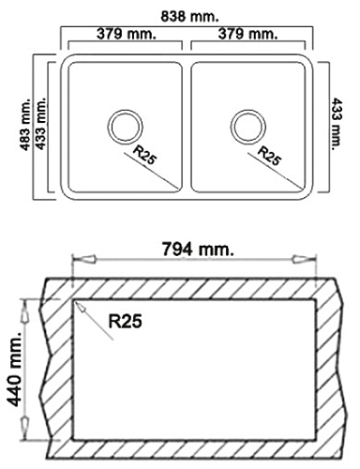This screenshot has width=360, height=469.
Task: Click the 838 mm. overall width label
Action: [189, 17]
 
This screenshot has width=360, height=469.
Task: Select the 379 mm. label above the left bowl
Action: [127, 34]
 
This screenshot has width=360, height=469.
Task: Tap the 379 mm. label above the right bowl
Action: [247, 34]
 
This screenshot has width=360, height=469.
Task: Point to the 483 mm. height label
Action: [26, 125]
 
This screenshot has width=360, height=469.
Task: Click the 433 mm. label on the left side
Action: [40, 124]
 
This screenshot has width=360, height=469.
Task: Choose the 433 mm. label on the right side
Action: [337, 124]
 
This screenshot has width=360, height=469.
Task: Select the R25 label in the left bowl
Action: [144, 155]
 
